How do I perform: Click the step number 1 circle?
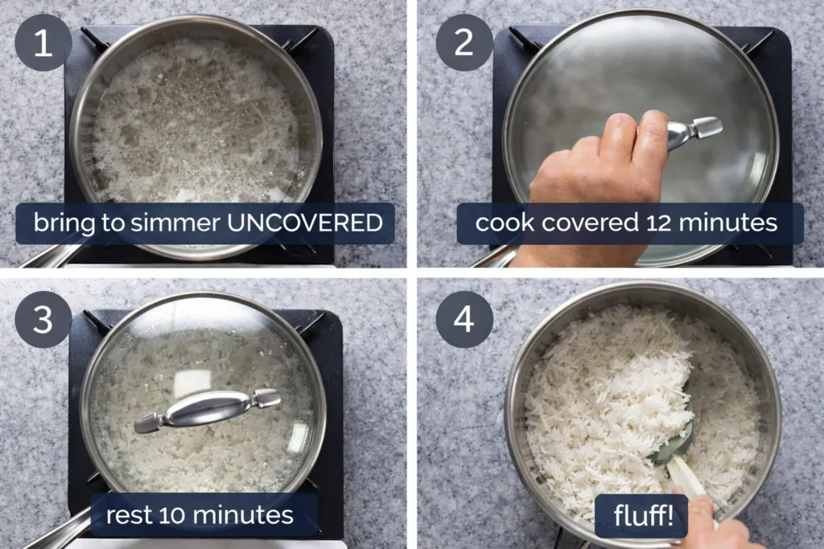pos(43,43)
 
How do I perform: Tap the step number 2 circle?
pos(464,43)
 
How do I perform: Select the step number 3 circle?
pos(43,319)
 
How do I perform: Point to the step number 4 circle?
pos(464,319)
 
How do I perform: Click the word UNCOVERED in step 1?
pos(305,223)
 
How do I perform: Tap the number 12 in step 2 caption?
pos(669,223)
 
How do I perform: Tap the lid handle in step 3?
pos(207,408)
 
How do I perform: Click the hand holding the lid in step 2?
pos(595,169)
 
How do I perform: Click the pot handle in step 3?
pos(56,531)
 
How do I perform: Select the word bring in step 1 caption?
pos(62,223)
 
